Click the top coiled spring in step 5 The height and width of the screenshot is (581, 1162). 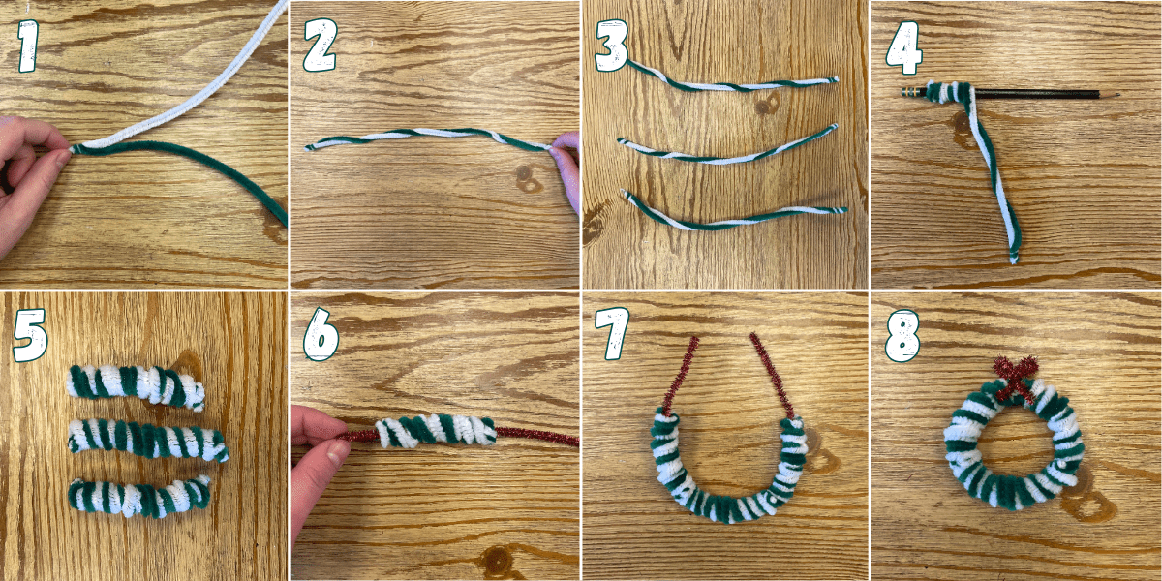pyautogui.click(x=136, y=385)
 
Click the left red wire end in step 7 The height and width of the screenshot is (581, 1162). pyautogui.click(x=684, y=373)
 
